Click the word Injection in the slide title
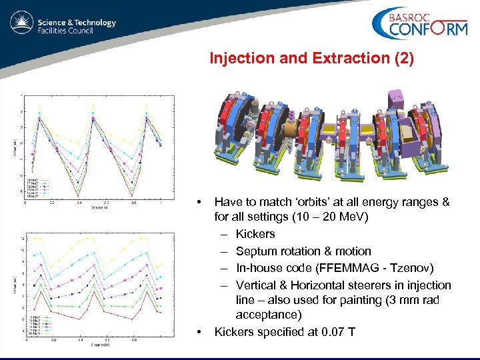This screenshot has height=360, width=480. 238,59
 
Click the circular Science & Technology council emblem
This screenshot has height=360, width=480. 22,23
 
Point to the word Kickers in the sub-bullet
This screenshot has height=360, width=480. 255,234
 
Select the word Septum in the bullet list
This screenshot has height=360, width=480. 255,251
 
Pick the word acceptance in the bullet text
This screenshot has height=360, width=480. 267,315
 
